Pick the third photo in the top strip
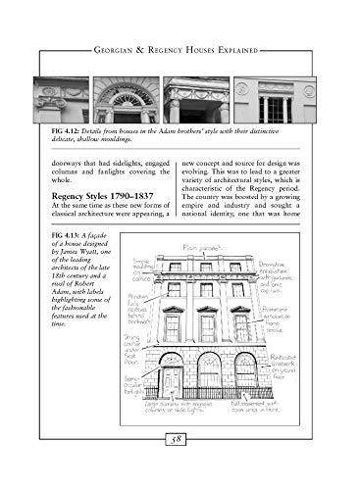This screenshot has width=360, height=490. (x=195, y=100)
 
